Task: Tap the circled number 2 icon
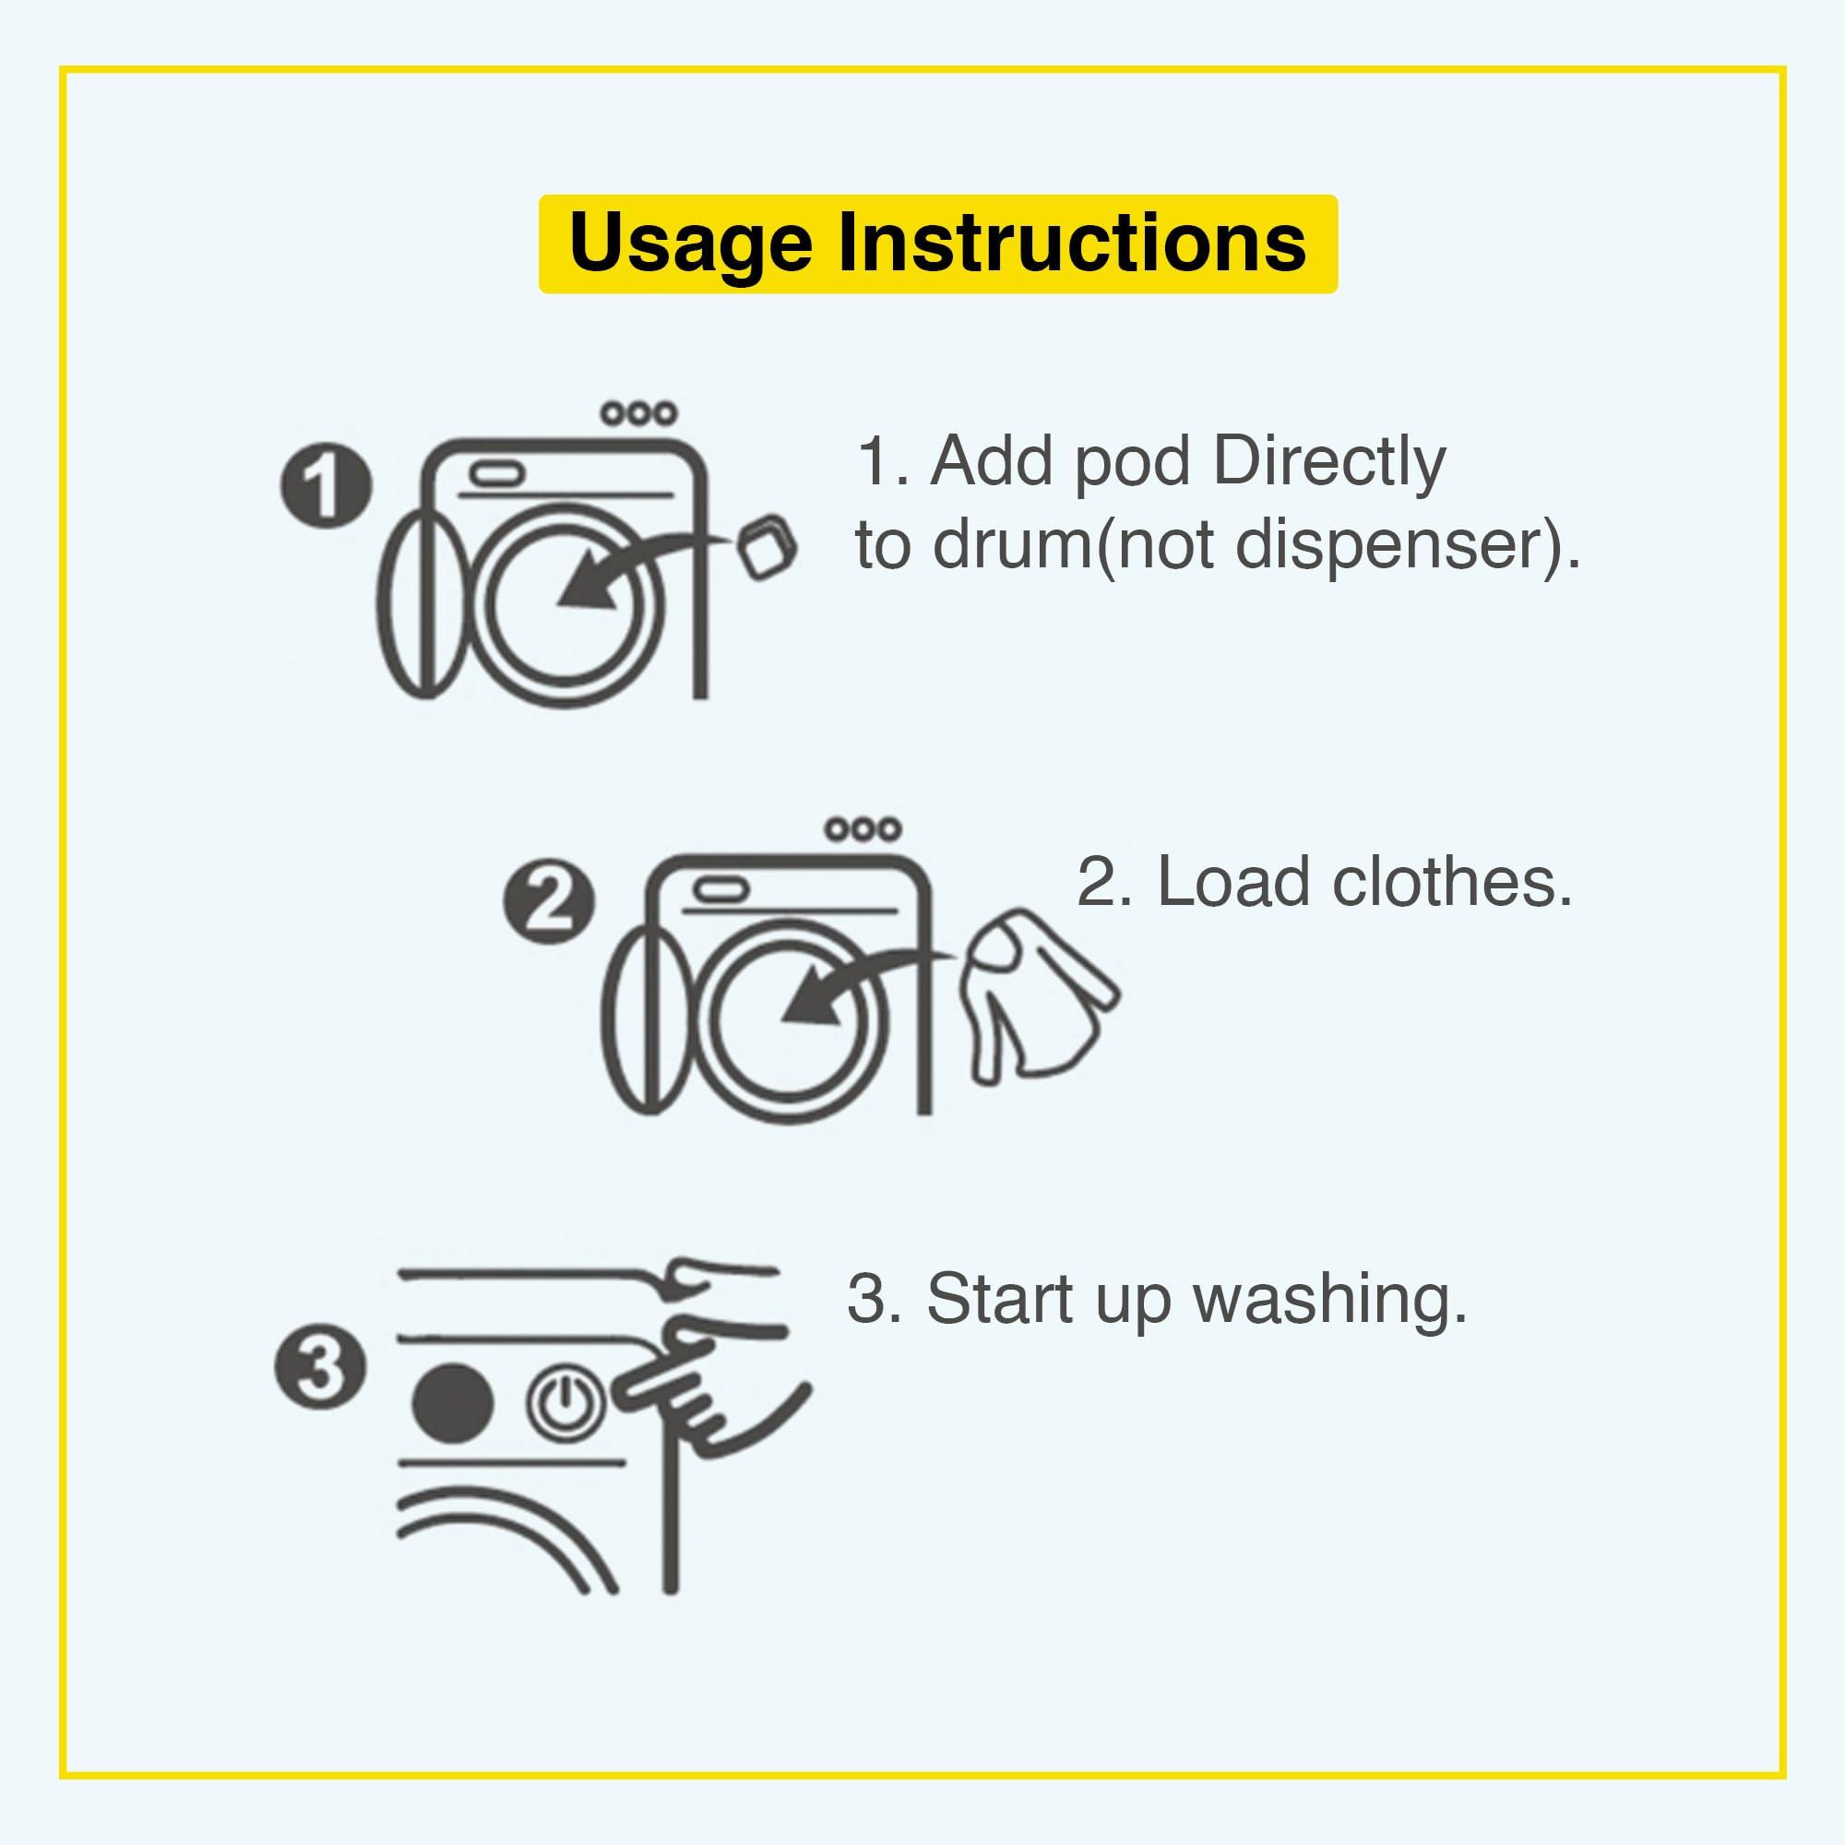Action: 548,903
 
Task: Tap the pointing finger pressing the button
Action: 669,1375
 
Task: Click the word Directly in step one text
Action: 1328,462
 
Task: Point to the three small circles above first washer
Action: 639,414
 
